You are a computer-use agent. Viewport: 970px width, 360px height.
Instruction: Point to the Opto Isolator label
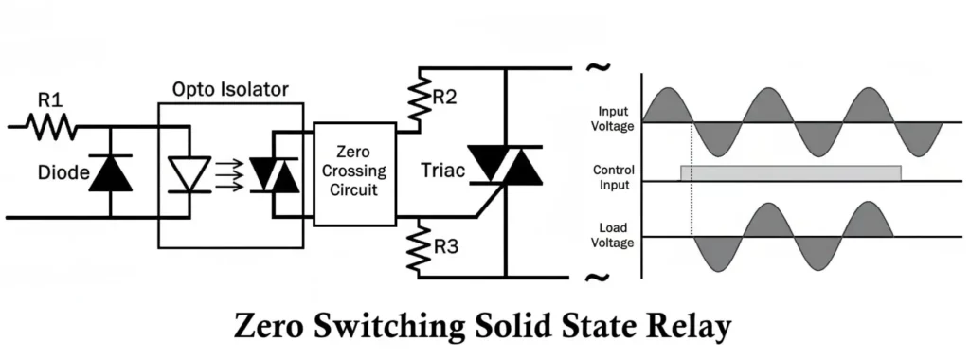click(x=230, y=90)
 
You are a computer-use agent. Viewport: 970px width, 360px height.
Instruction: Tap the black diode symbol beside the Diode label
click(x=110, y=172)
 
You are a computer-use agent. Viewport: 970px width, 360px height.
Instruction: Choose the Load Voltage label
click(x=614, y=235)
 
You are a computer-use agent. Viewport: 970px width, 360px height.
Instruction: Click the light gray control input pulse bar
click(x=790, y=172)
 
